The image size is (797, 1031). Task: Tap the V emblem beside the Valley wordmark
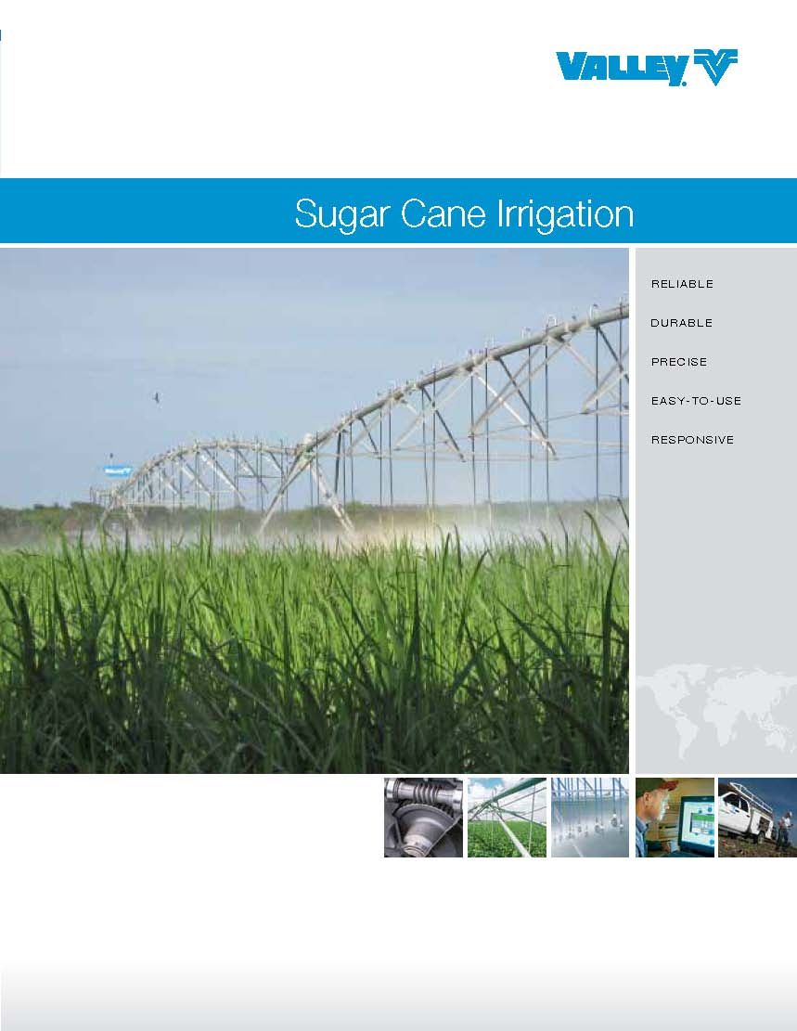click(715, 67)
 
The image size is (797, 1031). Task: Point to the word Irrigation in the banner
click(565, 213)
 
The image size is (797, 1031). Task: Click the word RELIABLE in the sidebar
click(682, 284)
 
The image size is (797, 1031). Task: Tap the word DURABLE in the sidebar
click(681, 323)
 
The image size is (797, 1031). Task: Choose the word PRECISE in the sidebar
click(678, 362)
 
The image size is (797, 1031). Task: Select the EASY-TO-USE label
click(696, 401)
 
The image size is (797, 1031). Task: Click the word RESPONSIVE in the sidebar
click(692, 440)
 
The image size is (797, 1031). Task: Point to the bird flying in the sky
click(157, 397)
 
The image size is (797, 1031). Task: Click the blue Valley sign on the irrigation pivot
click(117, 470)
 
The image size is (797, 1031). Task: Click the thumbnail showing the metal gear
click(423, 818)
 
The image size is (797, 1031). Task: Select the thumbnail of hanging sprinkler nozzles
click(589, 818)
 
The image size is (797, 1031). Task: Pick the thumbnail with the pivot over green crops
click(507, 818)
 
